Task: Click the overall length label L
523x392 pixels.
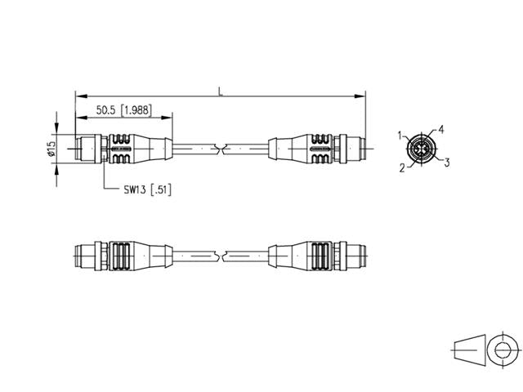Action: click(x=219, y=91)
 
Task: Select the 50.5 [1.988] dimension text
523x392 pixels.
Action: click(x=123, y=109)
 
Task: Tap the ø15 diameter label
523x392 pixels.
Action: click(x=51, y=149)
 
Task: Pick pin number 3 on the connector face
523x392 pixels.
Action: click(x=447, y=163)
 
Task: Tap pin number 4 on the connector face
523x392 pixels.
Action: click(x=440, y=130)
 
